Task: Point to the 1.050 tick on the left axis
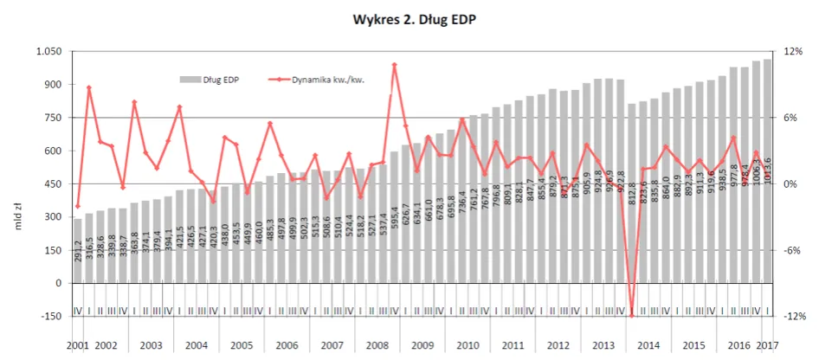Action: [49, 52]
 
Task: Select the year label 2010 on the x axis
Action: [468, 345]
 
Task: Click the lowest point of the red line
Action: [632, 316]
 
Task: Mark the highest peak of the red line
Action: [395, 64]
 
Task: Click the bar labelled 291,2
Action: [78, 251]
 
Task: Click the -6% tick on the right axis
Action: [790, 250]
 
